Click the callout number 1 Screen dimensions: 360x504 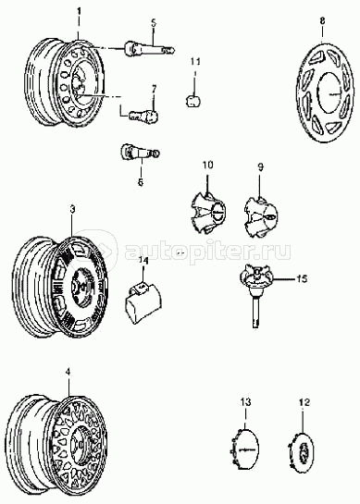click(x=79, y=12)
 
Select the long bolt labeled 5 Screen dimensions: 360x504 click(x=150, y=48)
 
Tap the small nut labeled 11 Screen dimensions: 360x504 click(x=192, y=101)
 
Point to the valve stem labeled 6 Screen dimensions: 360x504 click(x=140, y=152)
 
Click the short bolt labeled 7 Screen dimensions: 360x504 click(x=143, y=116)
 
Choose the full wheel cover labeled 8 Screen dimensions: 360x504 click(x=322, y=92)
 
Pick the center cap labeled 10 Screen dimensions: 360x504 click(x=207, y=213)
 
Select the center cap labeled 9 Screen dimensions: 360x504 click(x=261, y=217)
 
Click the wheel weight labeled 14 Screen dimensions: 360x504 click(x=143, y=302)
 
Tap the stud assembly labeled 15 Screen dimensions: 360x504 click(x=256, y=294)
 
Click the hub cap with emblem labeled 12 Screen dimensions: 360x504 click(x=301, y=449)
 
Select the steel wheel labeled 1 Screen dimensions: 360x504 click(x=65, y=83)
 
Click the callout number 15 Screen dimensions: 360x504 click(x=302, y=278)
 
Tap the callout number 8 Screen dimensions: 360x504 click(x=322, y=20)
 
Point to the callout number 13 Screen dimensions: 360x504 click(x=246, y=402)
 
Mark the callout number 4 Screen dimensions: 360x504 click(x=68, y=372)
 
